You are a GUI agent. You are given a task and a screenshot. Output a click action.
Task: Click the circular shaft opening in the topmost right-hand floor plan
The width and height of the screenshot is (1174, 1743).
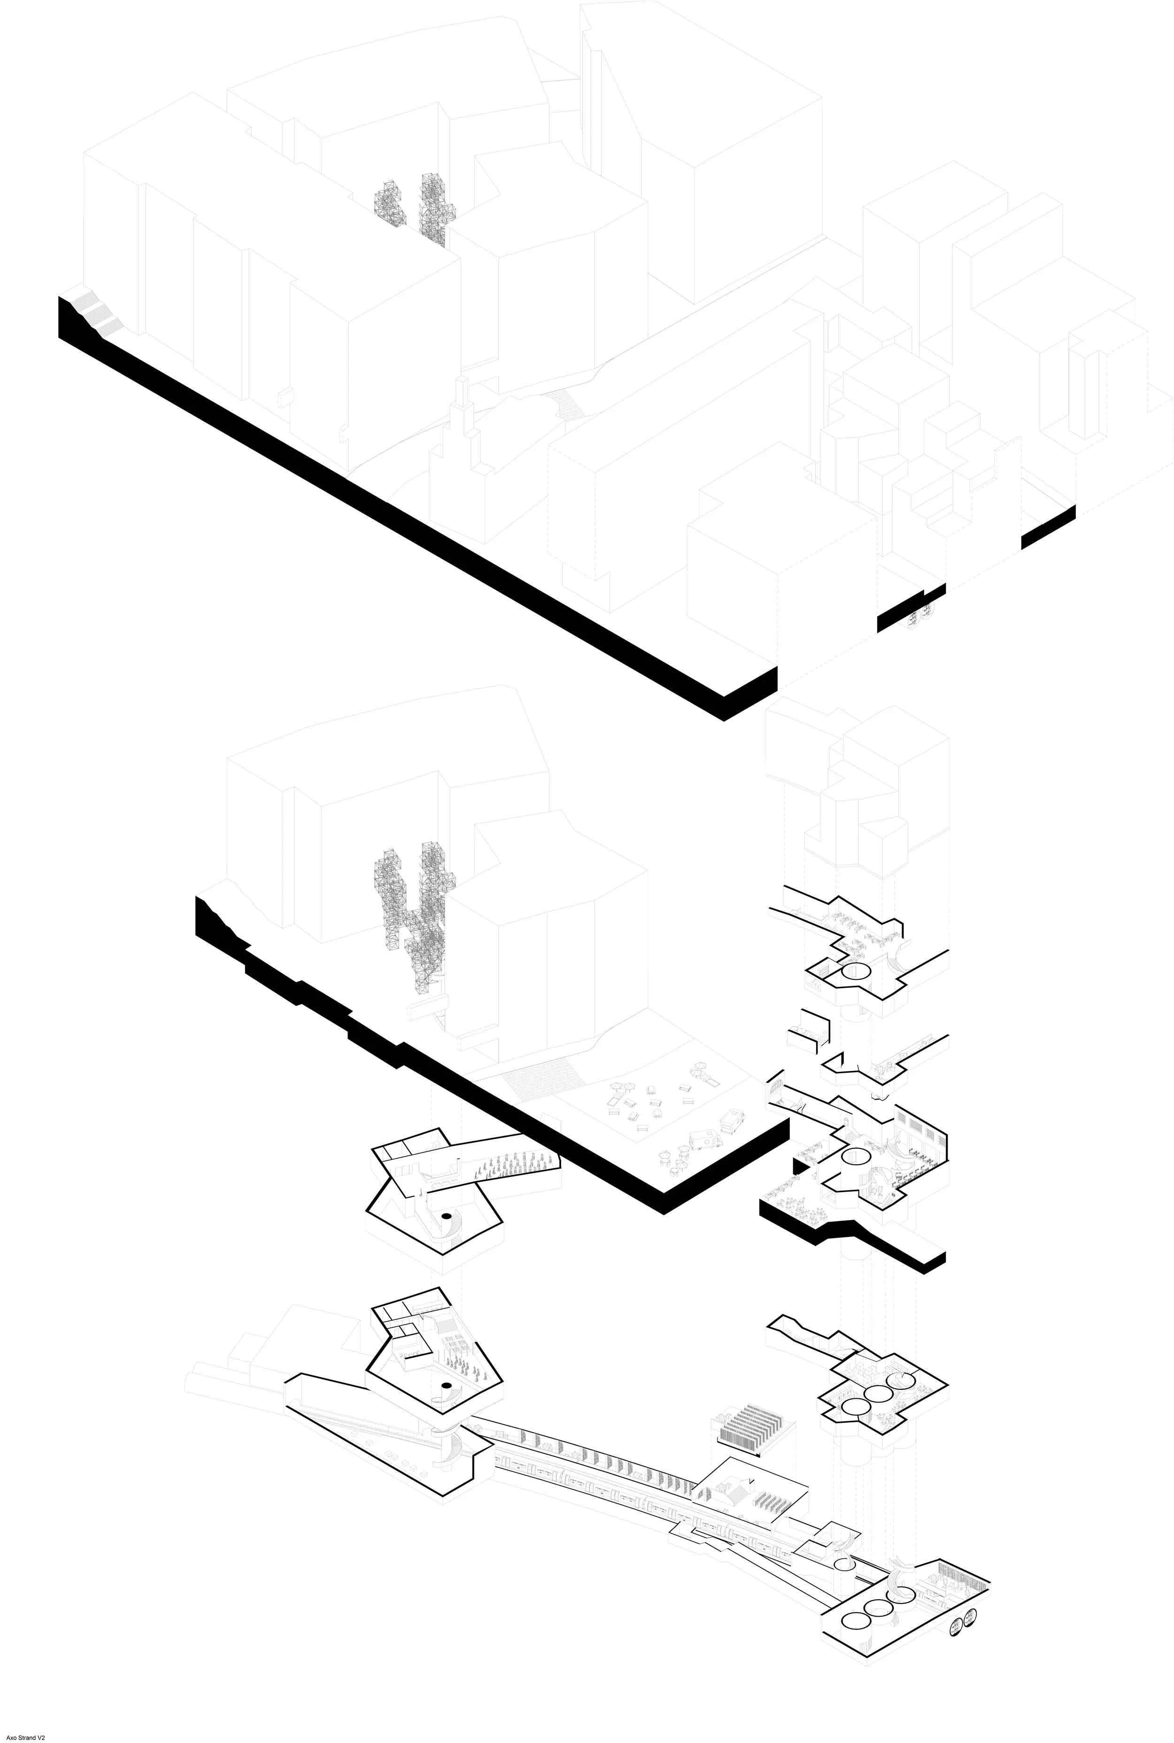855,972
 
